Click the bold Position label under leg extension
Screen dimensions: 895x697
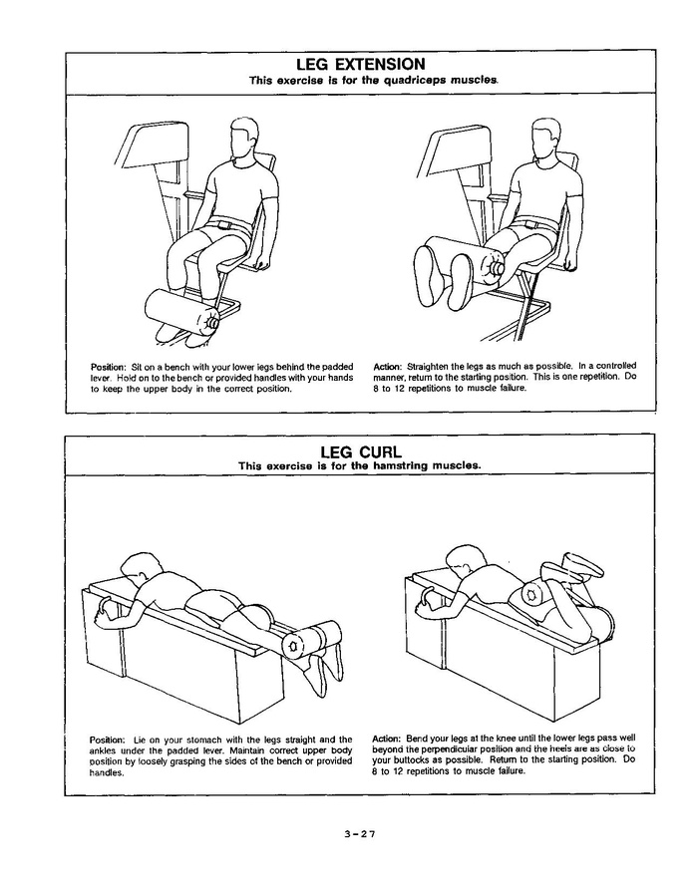pyautogui.click(x=107, y=366)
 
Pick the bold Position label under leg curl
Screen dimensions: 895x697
pyautogui.click(x=107, y=740)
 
